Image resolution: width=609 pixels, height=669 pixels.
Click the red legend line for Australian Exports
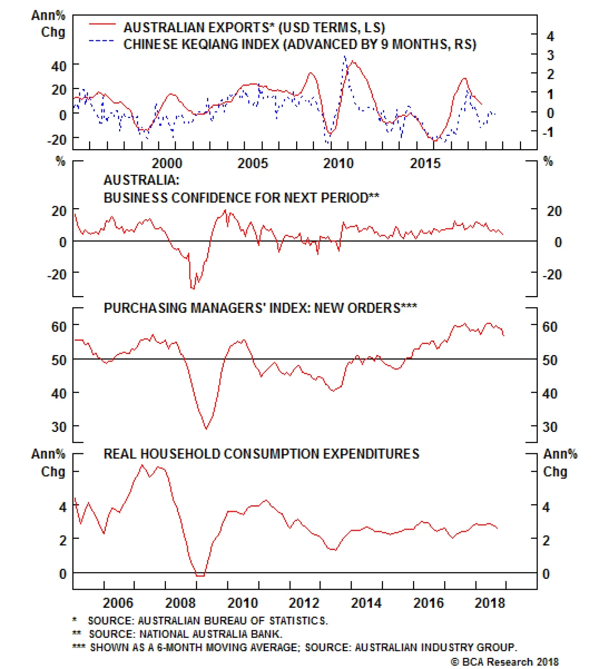102,24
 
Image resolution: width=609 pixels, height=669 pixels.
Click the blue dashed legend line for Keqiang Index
101,41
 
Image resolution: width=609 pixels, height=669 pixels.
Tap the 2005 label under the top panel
252,164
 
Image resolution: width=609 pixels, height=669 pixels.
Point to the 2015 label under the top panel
425,164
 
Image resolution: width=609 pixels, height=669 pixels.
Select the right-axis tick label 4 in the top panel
550,37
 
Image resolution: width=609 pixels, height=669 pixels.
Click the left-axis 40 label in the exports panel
59,66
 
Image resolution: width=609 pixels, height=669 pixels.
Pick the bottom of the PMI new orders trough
206,429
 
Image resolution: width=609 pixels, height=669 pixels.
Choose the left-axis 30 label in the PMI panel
59,427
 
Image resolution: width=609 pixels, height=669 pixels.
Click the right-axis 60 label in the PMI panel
550,327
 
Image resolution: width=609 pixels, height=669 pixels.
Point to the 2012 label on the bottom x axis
304,603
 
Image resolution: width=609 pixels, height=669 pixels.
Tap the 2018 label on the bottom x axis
489,603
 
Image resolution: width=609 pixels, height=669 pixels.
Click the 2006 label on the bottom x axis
118,603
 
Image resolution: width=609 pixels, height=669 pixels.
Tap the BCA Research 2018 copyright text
505,662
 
